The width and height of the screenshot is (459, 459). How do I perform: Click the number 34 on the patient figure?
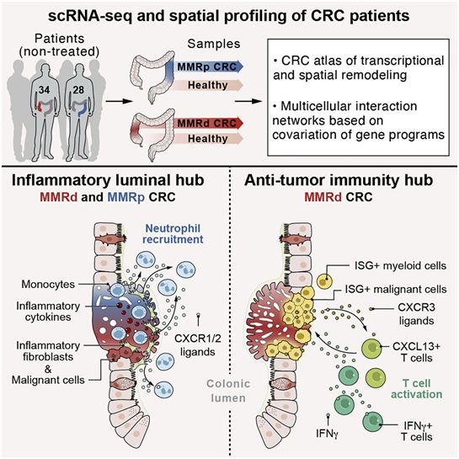click(x=44, y=89)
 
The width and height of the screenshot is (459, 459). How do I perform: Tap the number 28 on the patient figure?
click(x=78, y=89)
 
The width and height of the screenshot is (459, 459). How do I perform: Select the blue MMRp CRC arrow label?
click(x=206, y=67)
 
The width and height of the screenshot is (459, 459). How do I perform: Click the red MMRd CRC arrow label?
click(x=206, y=123)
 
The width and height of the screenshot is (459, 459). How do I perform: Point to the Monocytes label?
click(x=48, y=284)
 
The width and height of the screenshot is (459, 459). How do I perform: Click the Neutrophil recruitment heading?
click(x=173, y=234)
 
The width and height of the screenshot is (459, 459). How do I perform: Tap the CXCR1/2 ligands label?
click(x=198, y=345)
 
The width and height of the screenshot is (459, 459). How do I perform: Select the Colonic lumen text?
click(x=228, y=391)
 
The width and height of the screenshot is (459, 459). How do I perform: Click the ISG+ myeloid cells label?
click(x=400, y=266)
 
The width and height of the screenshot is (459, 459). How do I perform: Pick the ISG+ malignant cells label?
click(x=396, y=289)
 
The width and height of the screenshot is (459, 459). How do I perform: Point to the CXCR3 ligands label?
click(x=416, y=314)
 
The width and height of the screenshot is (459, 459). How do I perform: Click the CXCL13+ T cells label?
click(x=417, y=352)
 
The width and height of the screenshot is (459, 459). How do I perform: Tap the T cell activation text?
click(x=417, y=389)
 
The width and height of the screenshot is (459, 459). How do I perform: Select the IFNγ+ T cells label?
click(x=417, y=431)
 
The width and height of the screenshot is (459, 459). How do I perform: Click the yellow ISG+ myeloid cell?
click(x=324, y=281)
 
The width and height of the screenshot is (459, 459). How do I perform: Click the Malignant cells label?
click(x=48, y=380)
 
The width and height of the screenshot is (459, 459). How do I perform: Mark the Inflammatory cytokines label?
click(x=48, y=312)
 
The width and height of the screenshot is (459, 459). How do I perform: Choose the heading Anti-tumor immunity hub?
click(x=339, y=180)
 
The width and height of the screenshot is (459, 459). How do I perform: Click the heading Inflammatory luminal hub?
click(x=108, y=180)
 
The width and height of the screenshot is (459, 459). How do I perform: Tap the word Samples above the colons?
click(x=214, y=44)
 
